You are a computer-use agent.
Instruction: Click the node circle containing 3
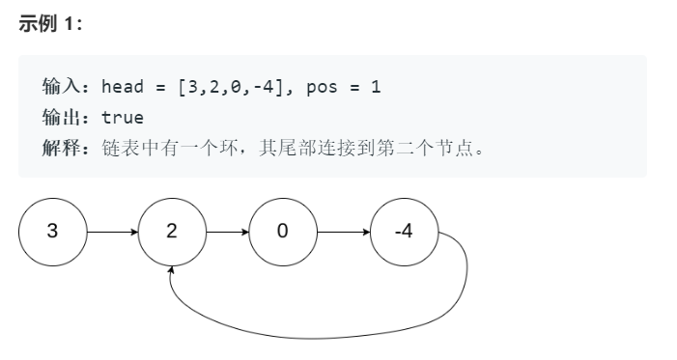(52, 233)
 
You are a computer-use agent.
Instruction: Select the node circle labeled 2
(172, 233)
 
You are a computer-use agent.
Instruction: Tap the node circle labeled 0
(282, 233)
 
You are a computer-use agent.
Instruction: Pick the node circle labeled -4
(404, 233)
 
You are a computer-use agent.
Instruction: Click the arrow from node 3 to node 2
(112, 233)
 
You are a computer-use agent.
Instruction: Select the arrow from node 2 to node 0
(227, 233)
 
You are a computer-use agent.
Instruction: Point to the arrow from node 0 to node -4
(343, 233)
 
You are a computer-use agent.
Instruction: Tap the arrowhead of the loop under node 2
(172, 274)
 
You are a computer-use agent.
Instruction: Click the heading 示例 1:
(51, 24)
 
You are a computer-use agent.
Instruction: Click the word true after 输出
(123, 118)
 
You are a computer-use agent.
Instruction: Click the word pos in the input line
(321, 87)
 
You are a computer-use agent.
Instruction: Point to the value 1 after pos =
(376, 87)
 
